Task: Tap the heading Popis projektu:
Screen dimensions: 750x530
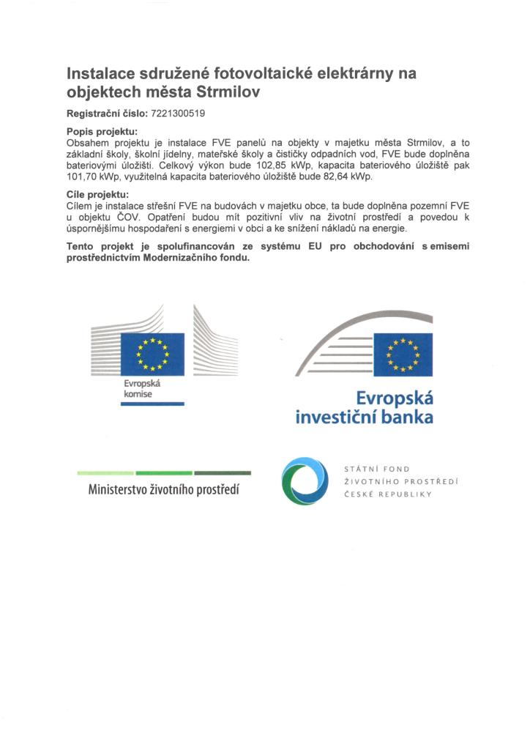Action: pos(102,132)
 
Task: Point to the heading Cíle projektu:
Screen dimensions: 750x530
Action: pos(97,194)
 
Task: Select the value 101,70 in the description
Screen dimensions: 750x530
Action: pos(81,177)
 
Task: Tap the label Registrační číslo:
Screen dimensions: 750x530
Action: pos(107,114)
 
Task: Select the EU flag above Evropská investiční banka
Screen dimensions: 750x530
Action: pos(403,354)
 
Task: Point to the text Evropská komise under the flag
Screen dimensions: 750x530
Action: pos(140,390)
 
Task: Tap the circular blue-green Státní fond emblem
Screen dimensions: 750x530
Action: pos(305,480)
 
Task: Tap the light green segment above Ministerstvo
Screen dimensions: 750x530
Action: pos(105,473)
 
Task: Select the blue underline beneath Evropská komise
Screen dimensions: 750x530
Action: pos(153,404)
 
